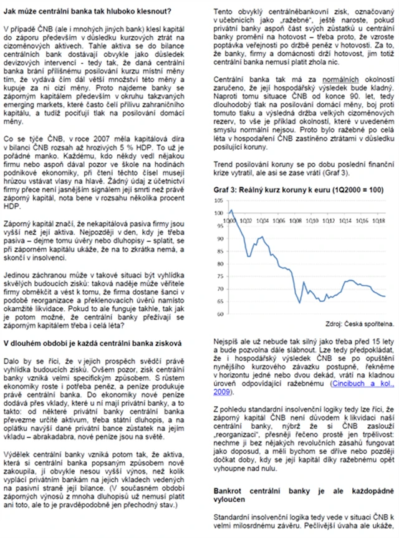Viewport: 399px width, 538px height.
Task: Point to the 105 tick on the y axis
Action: point(219,200)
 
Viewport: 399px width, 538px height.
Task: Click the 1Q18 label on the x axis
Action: point(378,220)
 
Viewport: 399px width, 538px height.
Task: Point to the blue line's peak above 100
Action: point(231,210)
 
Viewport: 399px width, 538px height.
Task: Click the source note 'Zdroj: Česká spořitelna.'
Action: point(360,325)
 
